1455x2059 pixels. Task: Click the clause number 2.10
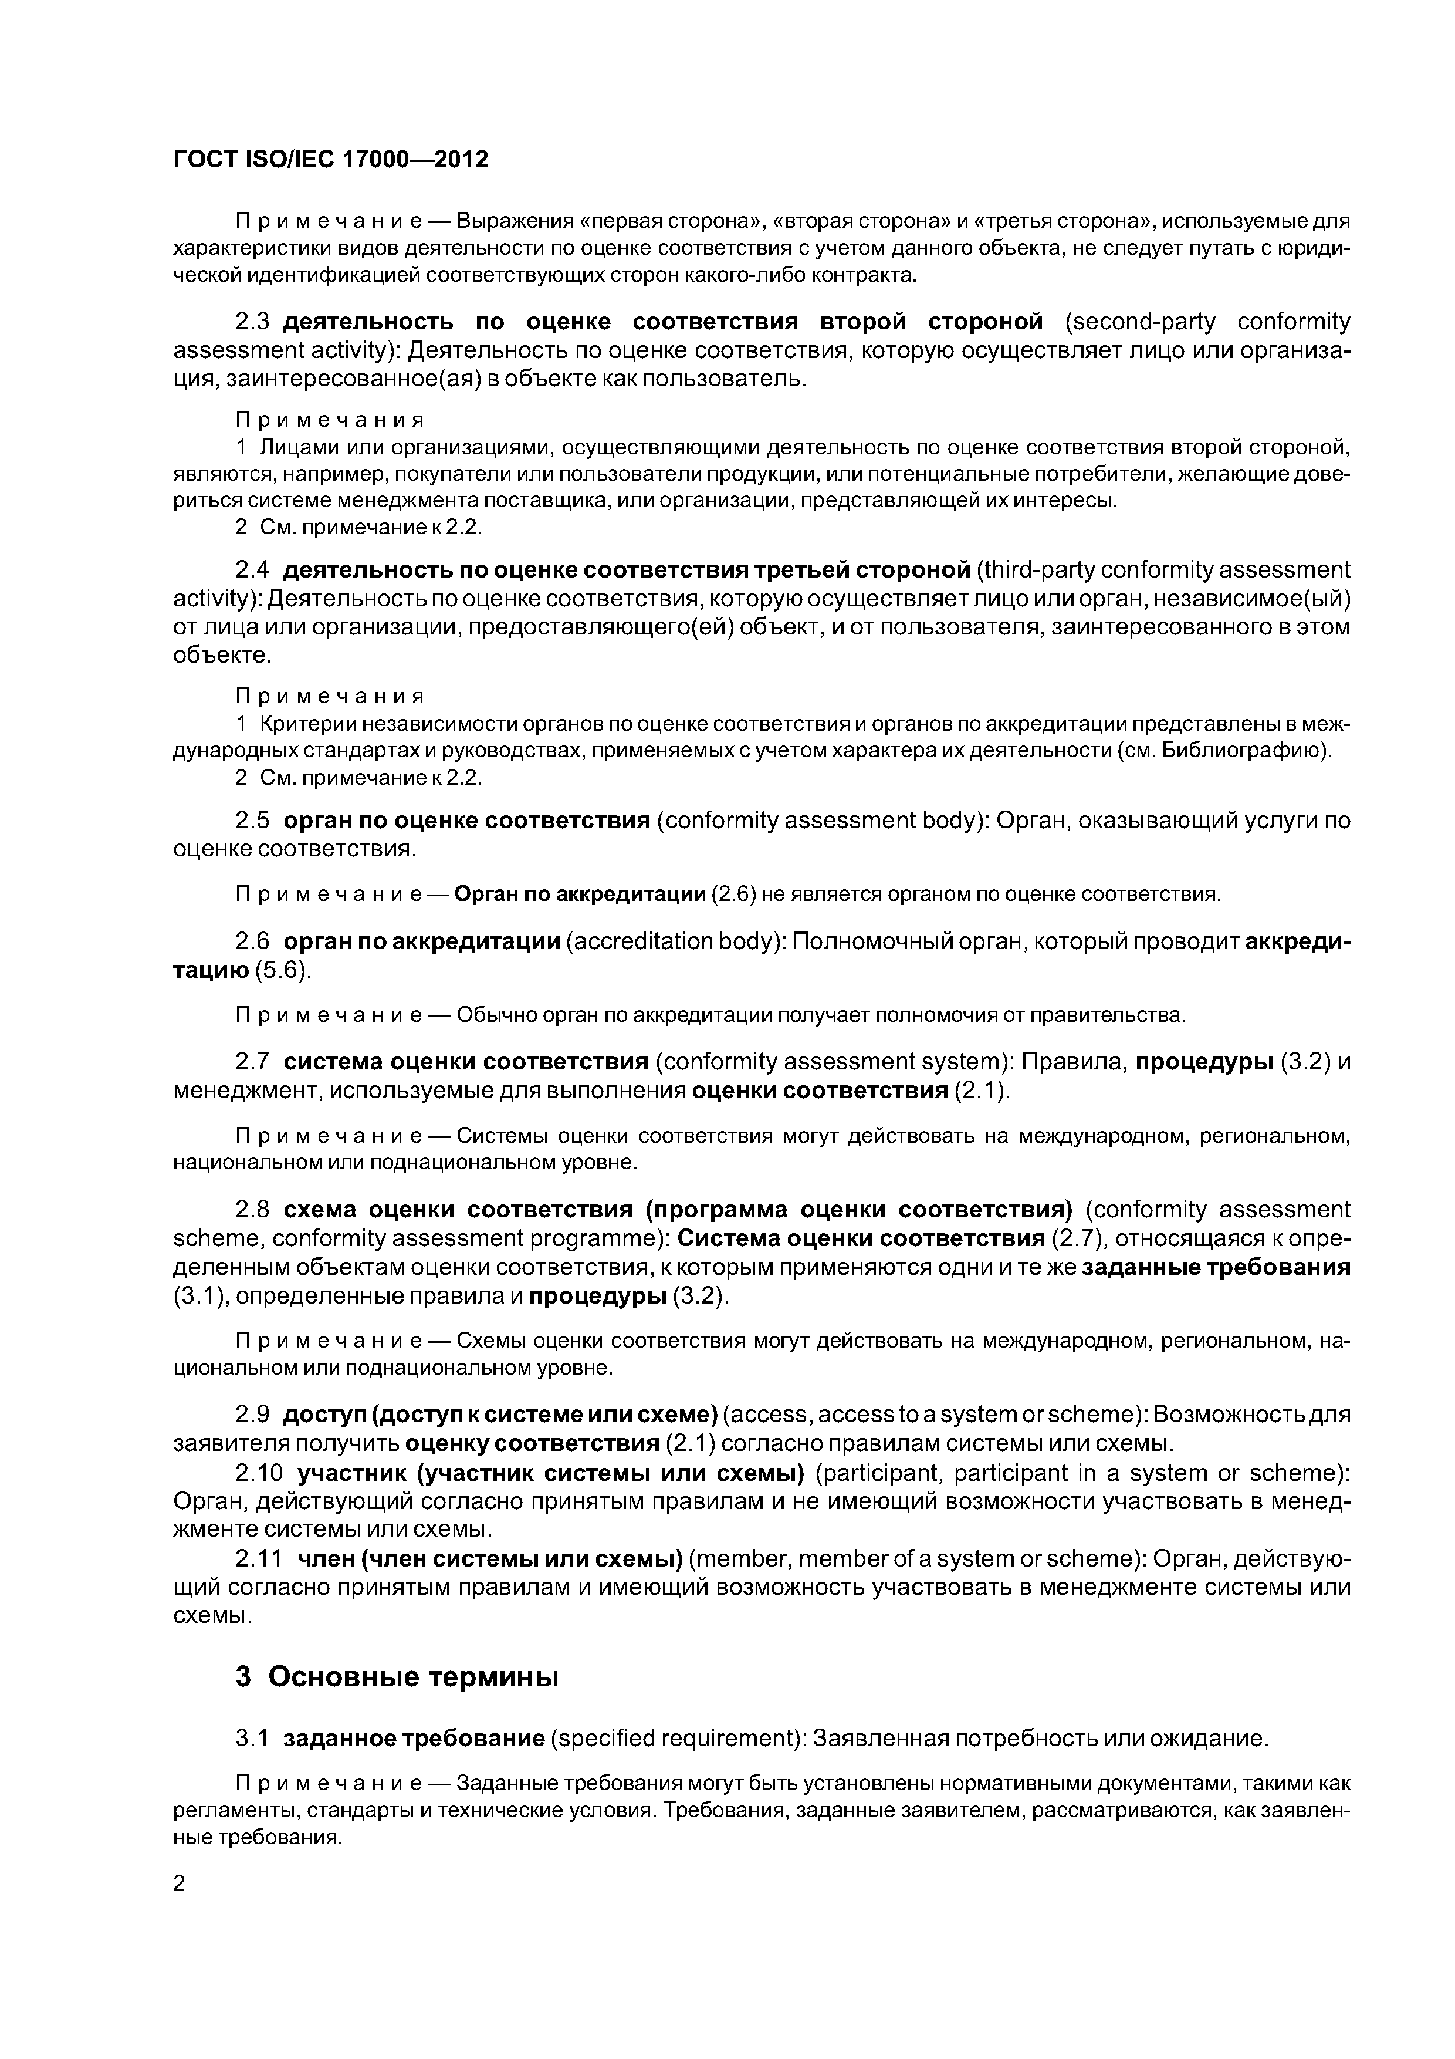coord(259,1473)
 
